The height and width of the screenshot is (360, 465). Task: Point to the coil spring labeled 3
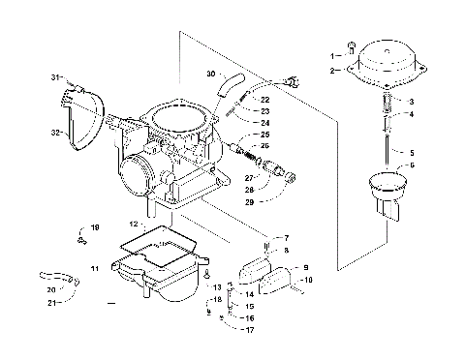(x=385, y=100)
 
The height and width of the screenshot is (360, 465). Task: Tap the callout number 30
(x=210, y=74)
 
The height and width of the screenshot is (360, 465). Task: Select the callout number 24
(x=265, y=123)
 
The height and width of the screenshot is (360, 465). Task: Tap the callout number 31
(x=56, y=75)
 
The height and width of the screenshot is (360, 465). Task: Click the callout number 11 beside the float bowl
(x=94, y=266)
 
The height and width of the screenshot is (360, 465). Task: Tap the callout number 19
(x=95, y=227)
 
